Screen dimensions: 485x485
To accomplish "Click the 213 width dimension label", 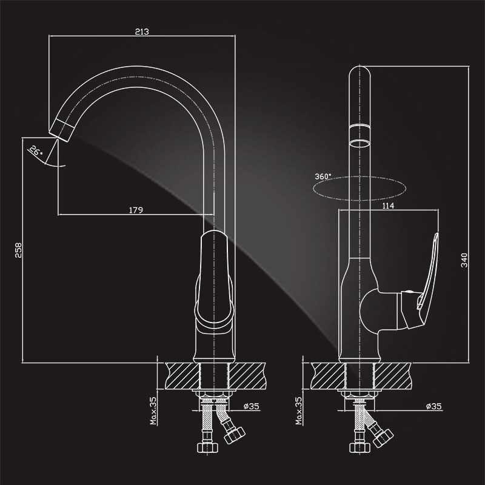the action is tap(142, 32).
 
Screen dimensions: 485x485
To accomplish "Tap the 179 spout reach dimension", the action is tap(136, 210).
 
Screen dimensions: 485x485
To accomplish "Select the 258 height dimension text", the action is tap(19, 250).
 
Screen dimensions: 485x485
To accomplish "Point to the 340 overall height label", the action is tap(464, 260).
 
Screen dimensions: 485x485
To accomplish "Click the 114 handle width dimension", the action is tap(388, 206).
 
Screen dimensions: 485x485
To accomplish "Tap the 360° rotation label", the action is tap(323, 176).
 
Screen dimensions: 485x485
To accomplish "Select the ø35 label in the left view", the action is tap(251, 406).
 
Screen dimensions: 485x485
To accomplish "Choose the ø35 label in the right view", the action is tap(433, 406).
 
